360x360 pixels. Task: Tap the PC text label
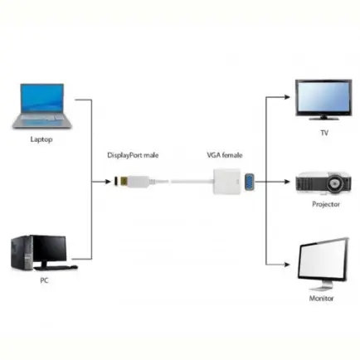point(44,281)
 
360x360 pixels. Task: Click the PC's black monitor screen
point(49,246)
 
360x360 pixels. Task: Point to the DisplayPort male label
point(133,155)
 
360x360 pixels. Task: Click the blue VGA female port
point(248,180)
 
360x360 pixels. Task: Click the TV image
point(323,98)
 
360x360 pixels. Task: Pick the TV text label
point(324,133)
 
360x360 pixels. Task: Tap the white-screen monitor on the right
point(323,263)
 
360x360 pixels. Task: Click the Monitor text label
point(321,298)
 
